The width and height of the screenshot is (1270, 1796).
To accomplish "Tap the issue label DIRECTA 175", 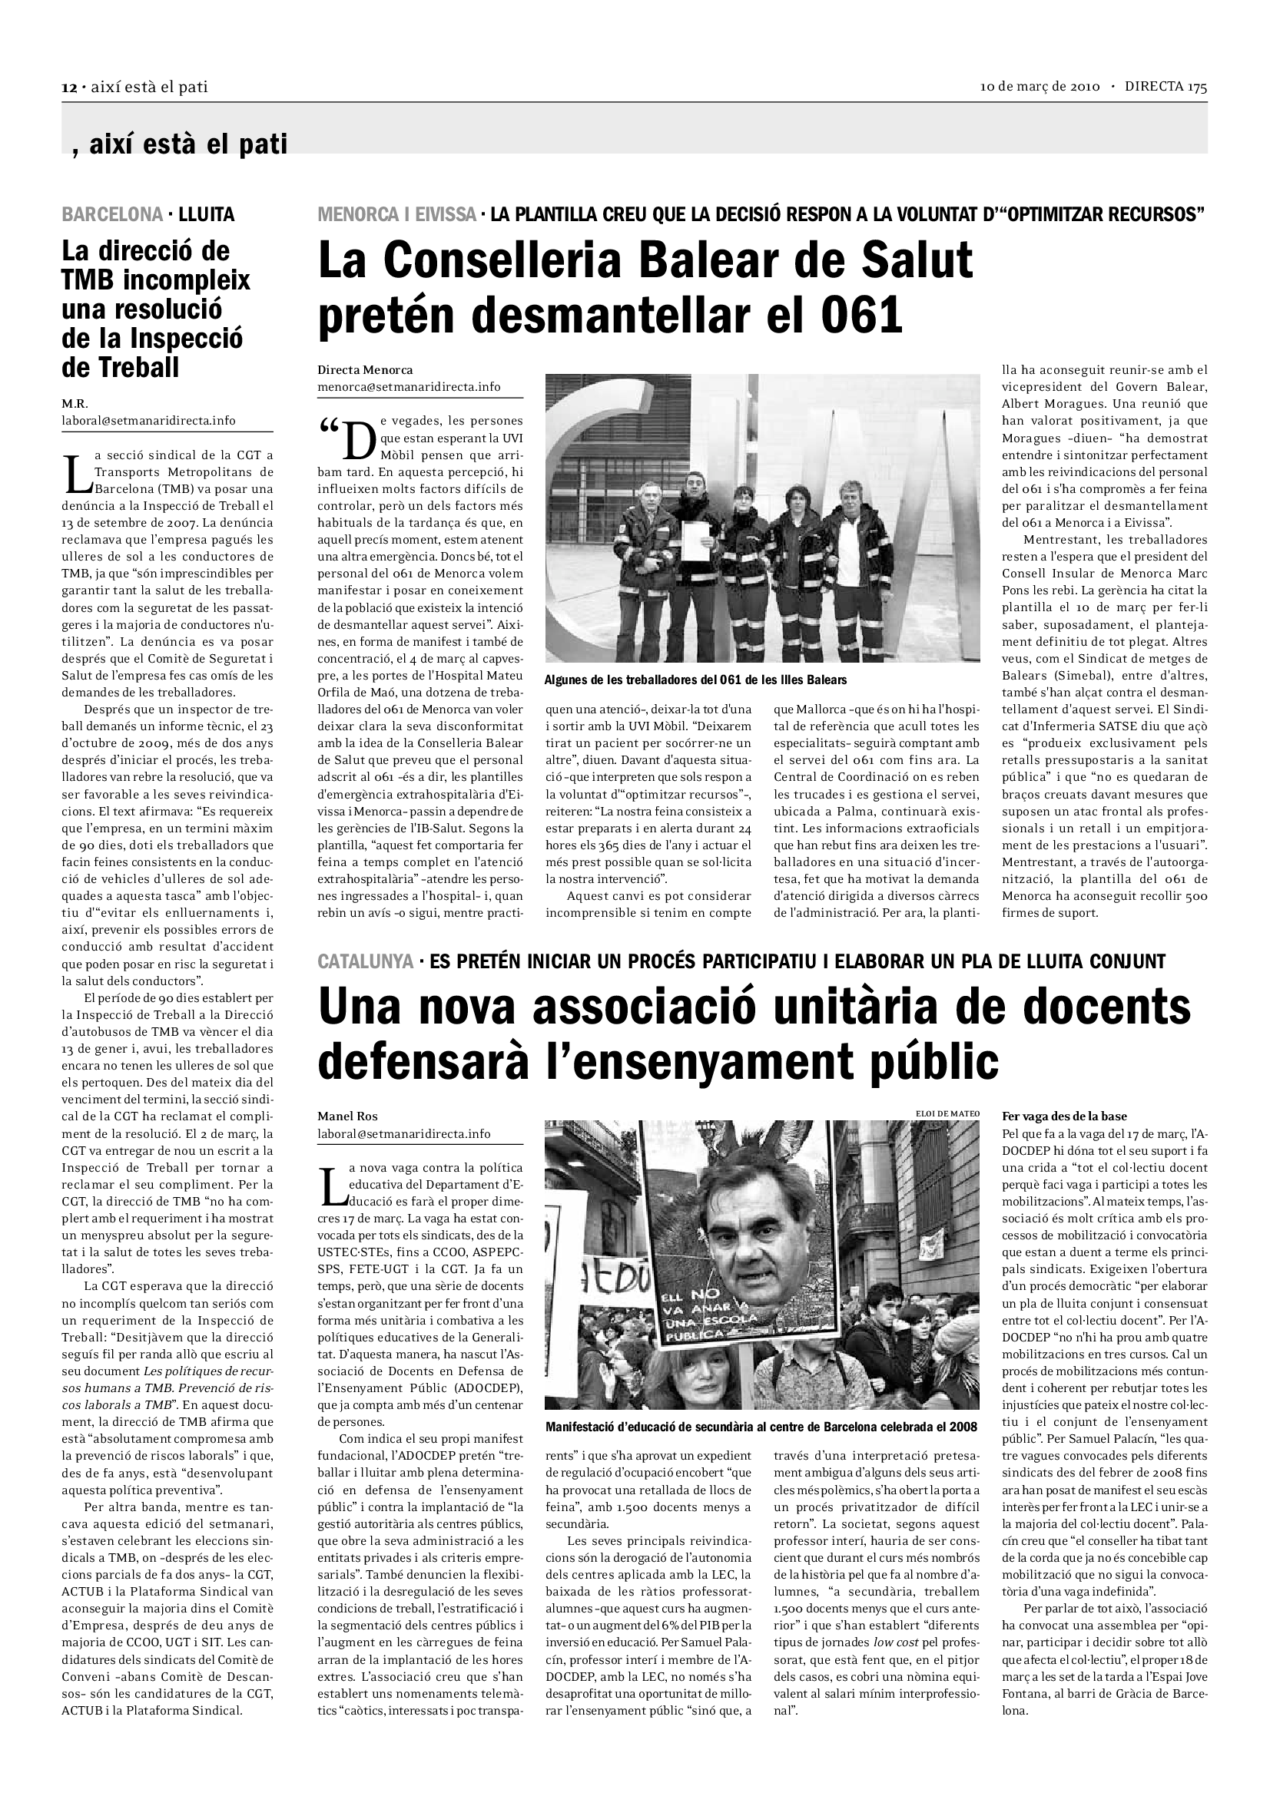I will coord(1166,87).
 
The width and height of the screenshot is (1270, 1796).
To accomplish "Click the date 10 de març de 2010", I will coord(1040,87).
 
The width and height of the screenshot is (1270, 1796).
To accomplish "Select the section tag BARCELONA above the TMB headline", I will coord(112,214).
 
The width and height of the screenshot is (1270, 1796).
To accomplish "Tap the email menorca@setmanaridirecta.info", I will coord(409,386).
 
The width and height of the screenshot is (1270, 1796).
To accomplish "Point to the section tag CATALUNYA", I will coord(366,961).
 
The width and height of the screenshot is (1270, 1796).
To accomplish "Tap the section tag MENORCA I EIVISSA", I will coord(396,214).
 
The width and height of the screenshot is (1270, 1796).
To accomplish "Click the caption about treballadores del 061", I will coord(695,680).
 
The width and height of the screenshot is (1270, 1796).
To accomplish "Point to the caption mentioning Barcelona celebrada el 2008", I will coord(761,1427).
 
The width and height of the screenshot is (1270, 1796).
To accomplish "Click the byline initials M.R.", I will coord(75,404).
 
